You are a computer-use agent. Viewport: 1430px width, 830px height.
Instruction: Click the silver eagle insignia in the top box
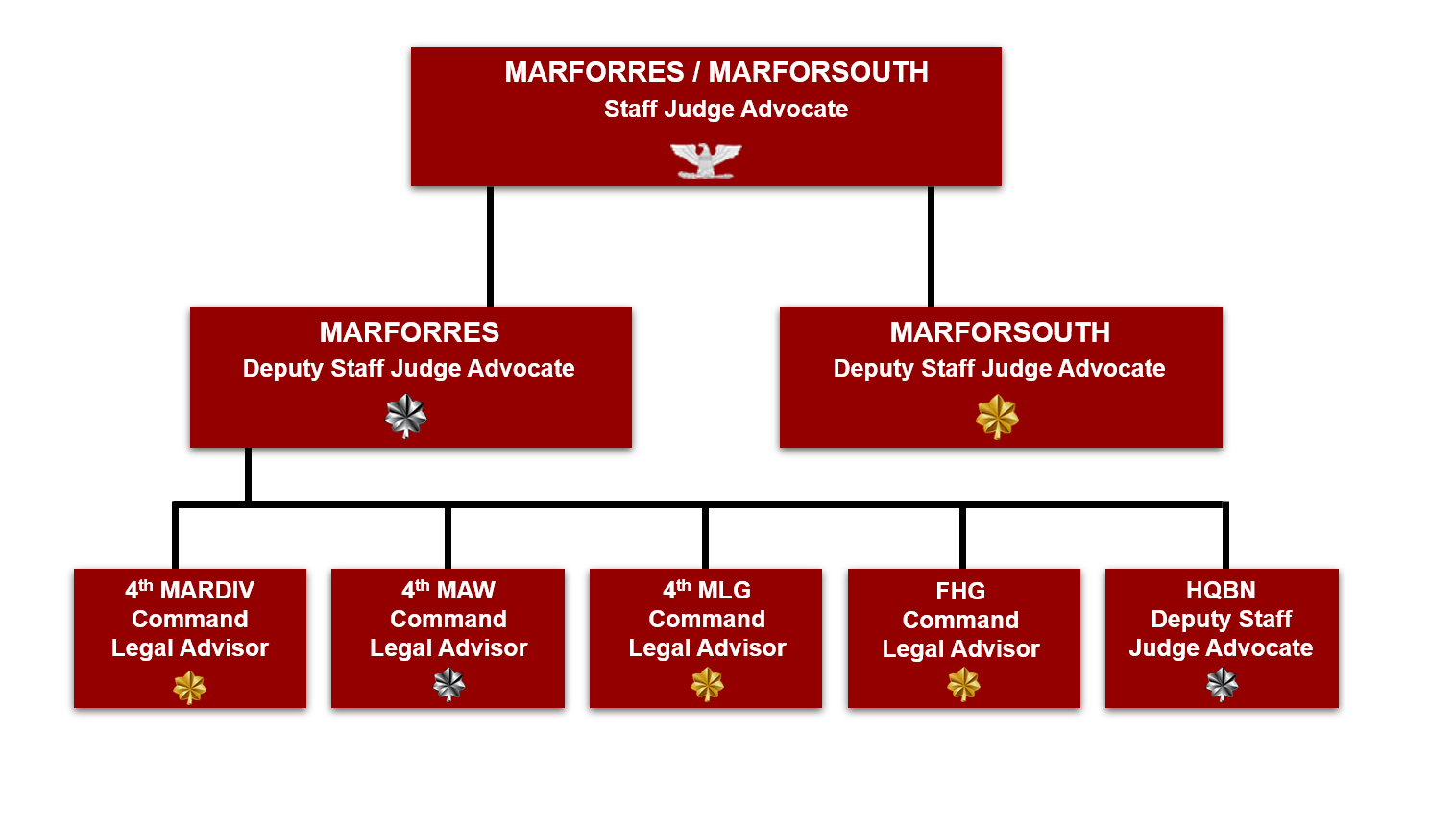(706, 160)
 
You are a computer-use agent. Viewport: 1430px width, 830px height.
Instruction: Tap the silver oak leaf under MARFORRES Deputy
(406, 417)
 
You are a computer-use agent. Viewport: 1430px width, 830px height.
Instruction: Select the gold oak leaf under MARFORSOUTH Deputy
(997, 417)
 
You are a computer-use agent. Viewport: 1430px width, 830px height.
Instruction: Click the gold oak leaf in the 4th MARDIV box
(189, 687)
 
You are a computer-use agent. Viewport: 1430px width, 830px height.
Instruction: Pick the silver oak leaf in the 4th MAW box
(448, 685)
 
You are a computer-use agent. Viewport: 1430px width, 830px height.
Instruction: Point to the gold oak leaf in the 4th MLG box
(707, 685)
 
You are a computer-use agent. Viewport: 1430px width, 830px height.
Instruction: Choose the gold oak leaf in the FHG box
(963, 685)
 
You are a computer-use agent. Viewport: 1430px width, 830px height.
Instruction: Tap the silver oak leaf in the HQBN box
(1222, 685)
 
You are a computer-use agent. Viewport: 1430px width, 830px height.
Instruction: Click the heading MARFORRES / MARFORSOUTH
(716, 72)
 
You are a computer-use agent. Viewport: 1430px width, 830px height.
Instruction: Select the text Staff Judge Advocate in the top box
(726, 110)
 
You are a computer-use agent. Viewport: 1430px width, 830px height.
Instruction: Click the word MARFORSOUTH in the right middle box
(1000, 332)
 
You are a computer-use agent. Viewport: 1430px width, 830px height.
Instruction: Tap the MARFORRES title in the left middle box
(409, 332)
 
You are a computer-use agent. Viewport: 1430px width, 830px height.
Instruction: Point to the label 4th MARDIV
(189, 590)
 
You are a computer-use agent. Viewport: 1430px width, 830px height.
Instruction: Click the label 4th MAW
(448, 590)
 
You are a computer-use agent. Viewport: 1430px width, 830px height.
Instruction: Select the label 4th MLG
(707, 590)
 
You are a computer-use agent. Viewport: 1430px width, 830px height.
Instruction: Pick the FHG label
(960, 591)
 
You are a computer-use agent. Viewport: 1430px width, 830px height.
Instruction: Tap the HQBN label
(1221, 590)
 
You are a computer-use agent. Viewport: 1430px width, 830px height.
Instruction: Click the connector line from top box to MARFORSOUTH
(931, 247)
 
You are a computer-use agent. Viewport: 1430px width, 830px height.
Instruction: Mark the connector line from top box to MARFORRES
(490, 247)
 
